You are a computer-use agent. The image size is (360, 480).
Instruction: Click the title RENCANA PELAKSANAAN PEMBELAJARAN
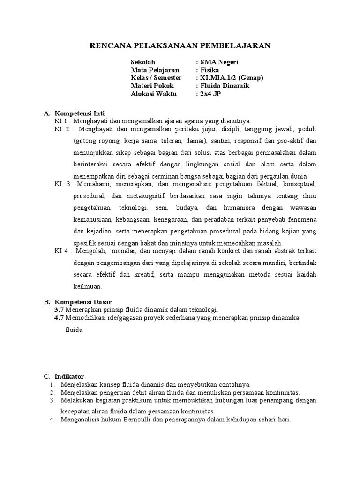click(x=180, y=45)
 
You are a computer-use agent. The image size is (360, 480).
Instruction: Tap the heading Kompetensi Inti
click(x=80, y=113)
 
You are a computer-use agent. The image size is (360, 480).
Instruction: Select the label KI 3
click(x=61, y=184)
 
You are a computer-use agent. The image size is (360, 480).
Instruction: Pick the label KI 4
click(x=61, y=251)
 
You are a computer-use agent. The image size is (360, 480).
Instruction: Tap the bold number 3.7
click(x=59, y=310)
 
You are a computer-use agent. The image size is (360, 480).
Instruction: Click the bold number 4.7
click(x=59, y=318)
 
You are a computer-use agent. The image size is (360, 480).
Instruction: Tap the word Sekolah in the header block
click(x=142, y=62)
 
